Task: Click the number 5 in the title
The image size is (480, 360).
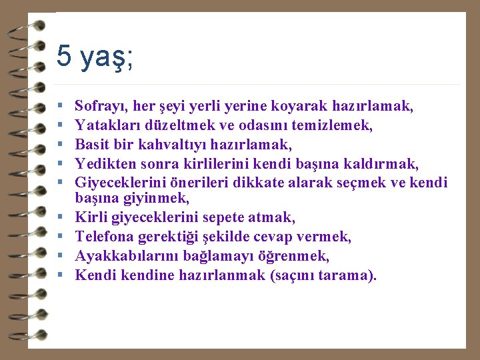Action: [64, 55]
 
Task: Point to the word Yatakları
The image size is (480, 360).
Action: [103, 125]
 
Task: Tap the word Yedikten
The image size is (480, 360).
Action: [101, 163]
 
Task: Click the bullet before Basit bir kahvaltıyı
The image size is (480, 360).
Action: [60, 144]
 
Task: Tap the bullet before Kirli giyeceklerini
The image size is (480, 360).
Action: [60, 217]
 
